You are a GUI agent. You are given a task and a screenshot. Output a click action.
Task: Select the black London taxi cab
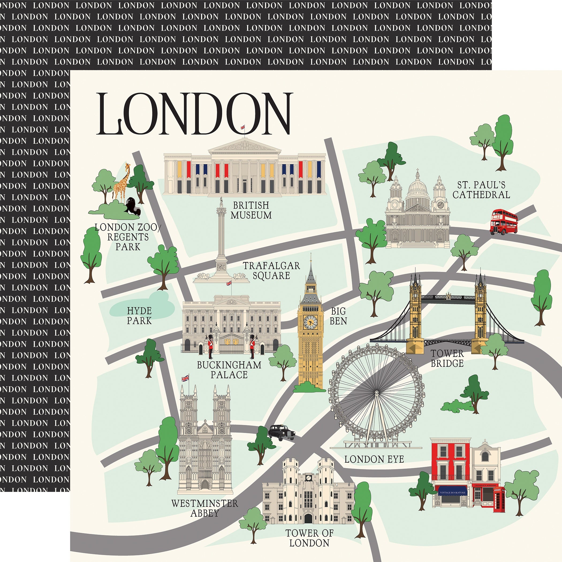[x=281, y=432]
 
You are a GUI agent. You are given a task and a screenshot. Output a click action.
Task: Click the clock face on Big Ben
[x=310, y=322]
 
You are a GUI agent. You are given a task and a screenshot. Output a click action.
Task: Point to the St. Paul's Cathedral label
[x=481, y=190]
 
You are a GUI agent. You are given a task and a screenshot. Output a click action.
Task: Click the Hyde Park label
[x=139, y=316]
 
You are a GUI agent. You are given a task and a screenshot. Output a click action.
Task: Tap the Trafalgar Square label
[x=271, y=270]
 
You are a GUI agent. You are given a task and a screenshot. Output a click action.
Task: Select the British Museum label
[x=251, y=210]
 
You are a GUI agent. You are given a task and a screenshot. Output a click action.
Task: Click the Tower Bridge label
[x=447, y=358]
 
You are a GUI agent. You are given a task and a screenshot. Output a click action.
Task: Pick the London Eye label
[x=374, y=459]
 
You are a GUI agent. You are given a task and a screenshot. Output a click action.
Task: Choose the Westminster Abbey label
[x=204, y=508]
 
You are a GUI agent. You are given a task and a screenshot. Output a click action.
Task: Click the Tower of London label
[x=309, y=538]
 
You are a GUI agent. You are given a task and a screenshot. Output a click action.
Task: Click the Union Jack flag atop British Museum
[x=243, y=127]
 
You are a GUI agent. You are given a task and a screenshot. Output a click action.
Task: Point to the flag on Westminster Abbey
[x=185, y=378]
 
